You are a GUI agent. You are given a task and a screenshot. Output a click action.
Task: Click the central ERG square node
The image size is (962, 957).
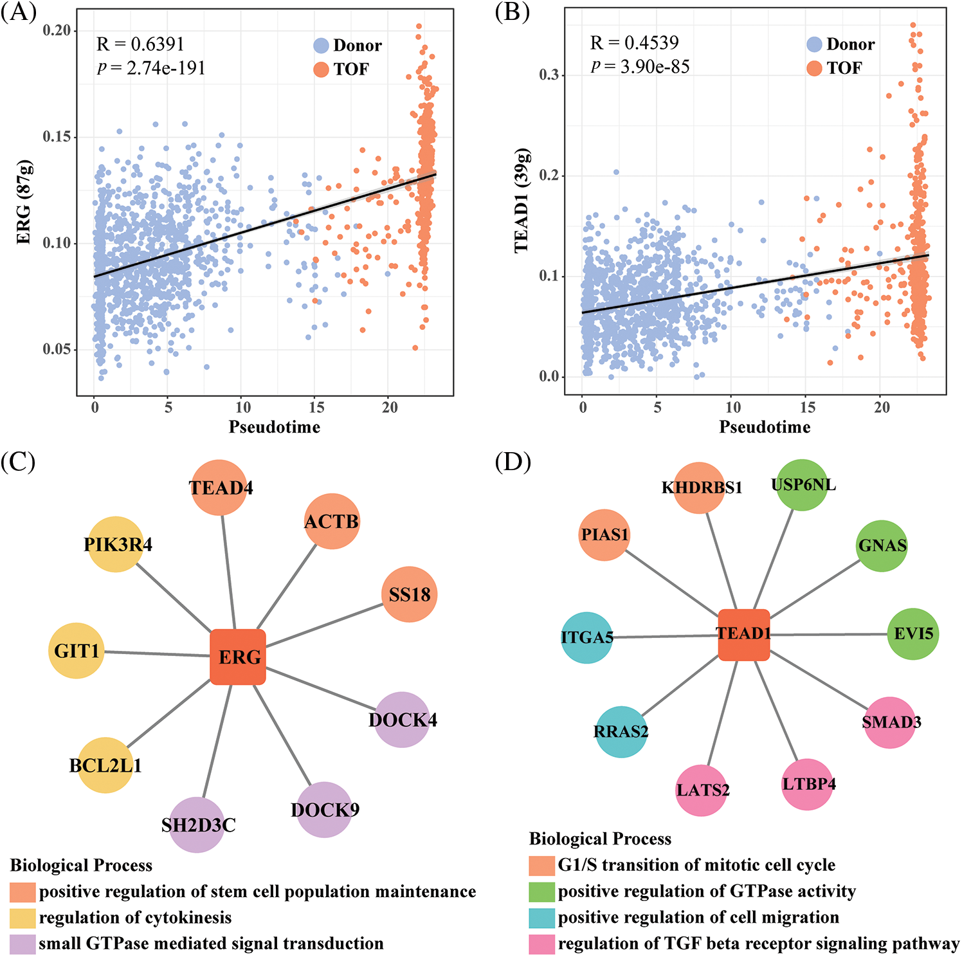point(238,657)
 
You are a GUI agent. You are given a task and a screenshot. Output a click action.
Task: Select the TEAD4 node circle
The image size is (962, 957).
point(220,488)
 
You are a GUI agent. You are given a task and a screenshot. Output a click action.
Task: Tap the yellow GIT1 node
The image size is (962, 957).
point(77,651)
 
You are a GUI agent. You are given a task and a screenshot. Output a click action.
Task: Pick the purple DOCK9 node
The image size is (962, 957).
point(325,810)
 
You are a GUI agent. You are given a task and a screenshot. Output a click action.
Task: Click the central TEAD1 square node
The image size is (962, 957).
point(744,635)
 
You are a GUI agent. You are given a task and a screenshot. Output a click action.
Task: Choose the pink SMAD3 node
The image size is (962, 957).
point(891,722)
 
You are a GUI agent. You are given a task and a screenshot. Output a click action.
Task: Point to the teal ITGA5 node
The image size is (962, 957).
point(587,637)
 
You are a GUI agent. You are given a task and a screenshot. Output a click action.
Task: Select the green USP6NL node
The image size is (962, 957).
point(803,485)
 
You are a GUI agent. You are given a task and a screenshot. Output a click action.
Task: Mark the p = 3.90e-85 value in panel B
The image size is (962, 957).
point(640,66)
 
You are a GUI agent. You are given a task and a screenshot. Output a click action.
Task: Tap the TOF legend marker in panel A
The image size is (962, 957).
point(321,69)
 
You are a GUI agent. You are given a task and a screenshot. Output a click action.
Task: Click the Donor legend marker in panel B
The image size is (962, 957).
point(814,44)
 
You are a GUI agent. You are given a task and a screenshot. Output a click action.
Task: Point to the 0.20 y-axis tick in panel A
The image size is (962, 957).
point(57,31)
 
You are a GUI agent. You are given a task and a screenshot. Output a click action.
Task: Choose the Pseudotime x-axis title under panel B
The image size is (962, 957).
point(765,427)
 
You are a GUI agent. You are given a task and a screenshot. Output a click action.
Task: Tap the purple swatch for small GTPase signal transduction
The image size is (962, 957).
point(23,943)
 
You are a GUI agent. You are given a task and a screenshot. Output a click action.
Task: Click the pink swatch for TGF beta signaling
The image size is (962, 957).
point(541,944)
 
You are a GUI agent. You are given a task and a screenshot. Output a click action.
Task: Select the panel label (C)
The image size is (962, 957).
point(18,462)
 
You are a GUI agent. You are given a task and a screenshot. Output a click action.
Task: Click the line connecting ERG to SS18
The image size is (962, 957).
point(325,625)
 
